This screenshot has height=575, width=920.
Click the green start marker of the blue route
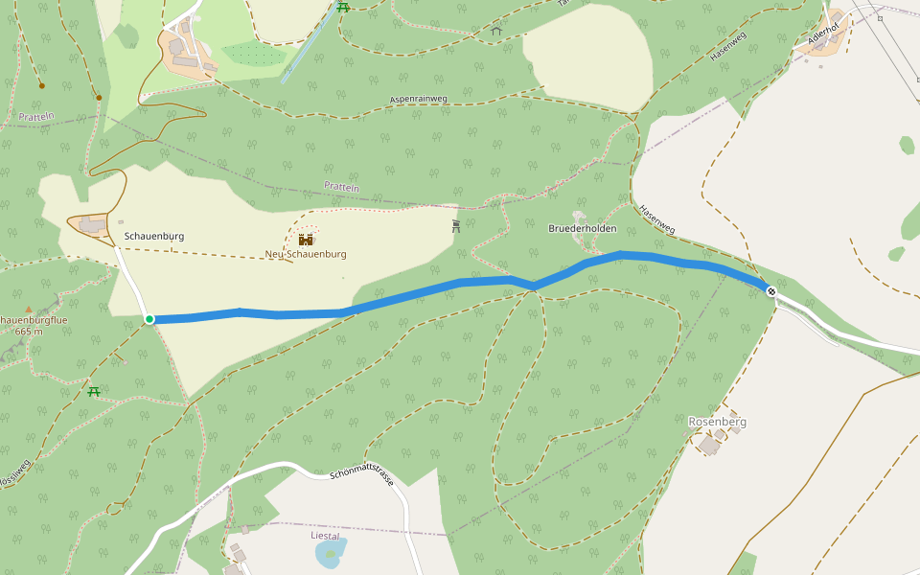pyautogui.click(x=149, y=319)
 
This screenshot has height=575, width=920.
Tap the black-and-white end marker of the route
pyautogui.click(x=770, y=290)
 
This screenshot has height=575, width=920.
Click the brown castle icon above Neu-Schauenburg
pyautogui.click(x=306, y=239)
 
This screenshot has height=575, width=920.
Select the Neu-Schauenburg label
pyautogui.click(x=306, y=254)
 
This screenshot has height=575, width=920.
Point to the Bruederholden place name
pyautogui.click(x=582, y=229)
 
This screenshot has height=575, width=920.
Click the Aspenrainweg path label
pyautogui.click(x=420, y=98)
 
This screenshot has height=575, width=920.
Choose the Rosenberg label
pyautogui.click(x=717, y=422)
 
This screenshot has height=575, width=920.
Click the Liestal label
pyautogui.click(x=326, y=536)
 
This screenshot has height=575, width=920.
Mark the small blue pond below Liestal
pyautogui.click(x=330, y=554)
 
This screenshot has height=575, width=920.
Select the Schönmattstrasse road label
pyautogui.click(x=362, y=476)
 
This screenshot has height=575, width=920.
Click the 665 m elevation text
pyautogui.click(x=29, y=331)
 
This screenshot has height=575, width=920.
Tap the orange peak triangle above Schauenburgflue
pyautogui.click(x=29, y=309)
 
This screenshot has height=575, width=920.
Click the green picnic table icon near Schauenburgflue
pyautogui.click(x=94, y=390)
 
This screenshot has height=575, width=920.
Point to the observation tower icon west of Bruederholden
pyautogui.click(x=456, y=227)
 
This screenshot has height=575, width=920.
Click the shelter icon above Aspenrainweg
pyautogui.click(x=496, y=31)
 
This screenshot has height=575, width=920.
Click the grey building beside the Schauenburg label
pyautogui.click(x=93, y=224)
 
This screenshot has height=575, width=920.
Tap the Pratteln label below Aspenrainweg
pyautogui.click(x=341, y=187)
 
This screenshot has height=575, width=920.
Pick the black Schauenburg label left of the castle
pyautogui.click(x=154, y=236)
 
